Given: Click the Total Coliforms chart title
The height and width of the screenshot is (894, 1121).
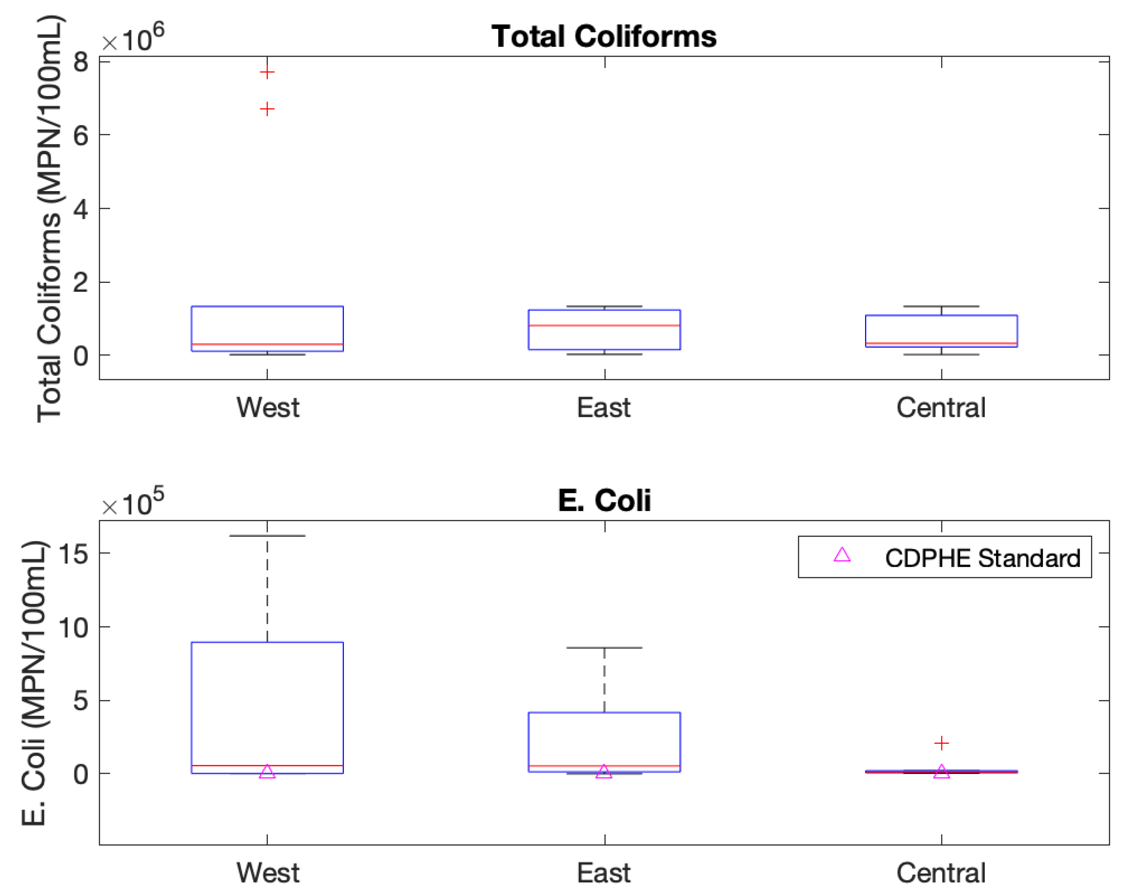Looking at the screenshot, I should (x=604, y=37).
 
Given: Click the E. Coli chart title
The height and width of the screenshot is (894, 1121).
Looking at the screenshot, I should (x=604, y=501).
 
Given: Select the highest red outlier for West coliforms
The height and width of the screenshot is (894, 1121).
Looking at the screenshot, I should (x=267, y=72).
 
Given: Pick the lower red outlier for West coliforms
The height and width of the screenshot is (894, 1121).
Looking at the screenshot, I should (x=267, y=109).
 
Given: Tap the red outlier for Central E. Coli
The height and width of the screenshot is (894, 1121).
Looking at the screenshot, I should (x=941, y=743).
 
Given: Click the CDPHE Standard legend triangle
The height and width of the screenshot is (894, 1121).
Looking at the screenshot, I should (x=842, y=555).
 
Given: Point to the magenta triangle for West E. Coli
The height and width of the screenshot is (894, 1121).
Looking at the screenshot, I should (x=267, y=772).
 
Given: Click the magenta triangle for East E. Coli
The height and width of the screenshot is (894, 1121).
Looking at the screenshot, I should (x=604, y=772).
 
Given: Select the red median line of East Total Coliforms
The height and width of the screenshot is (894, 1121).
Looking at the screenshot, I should (x=604, y=325).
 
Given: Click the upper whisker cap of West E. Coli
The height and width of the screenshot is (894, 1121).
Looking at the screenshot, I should (x=267, y=536).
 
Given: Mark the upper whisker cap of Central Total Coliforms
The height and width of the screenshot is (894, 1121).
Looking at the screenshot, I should (x=941, y=306).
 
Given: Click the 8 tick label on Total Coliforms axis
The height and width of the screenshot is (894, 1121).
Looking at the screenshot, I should (x=81, y=62).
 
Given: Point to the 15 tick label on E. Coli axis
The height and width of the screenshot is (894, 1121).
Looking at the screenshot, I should (x=73, y=554).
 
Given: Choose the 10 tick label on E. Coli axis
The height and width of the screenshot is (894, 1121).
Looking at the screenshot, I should (x=73, y=627).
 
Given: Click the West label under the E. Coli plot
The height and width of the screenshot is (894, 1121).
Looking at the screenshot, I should (x=268, y=873).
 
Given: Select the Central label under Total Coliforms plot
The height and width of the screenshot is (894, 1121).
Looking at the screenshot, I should (x=941, y=408).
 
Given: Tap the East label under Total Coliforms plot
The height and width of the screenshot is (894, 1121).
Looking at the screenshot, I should (x=604, y=408).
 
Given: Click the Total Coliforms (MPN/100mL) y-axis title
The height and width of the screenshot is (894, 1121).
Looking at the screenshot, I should (x=50, y=218).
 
